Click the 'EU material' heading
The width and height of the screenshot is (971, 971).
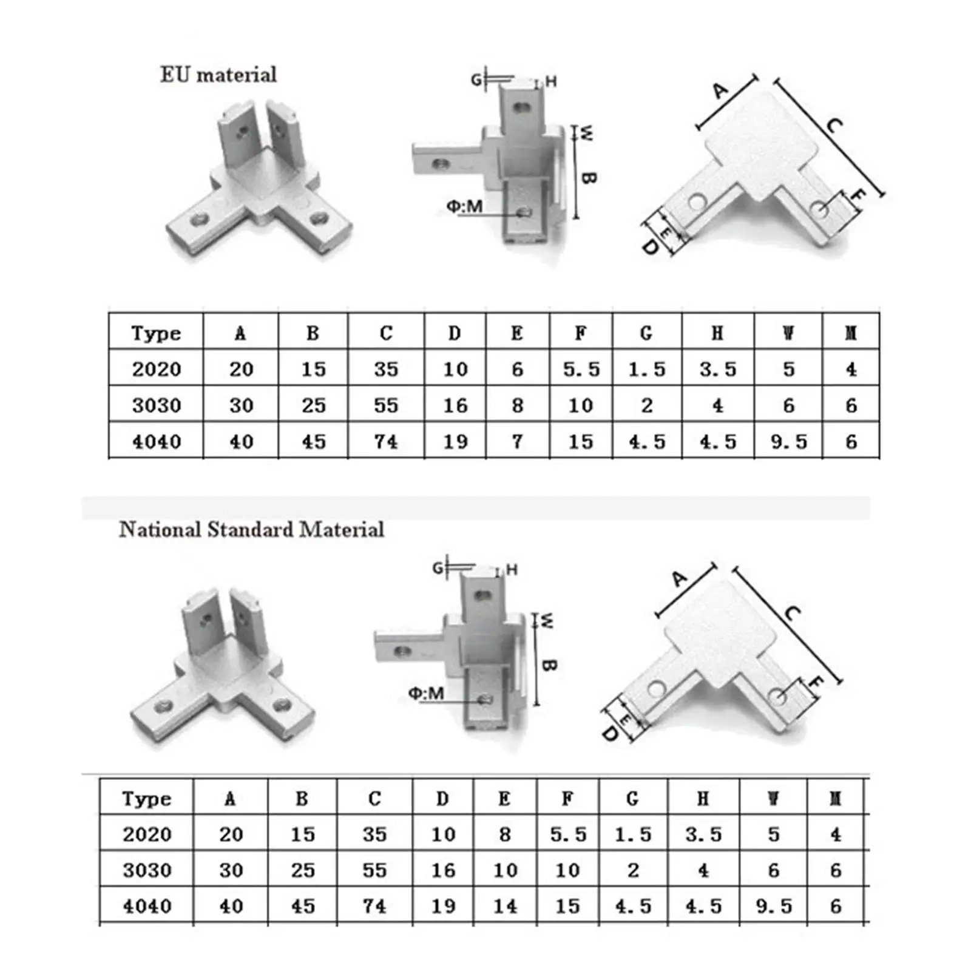[x=218, y=75]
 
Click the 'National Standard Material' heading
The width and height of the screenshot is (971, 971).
[x=251, y=529]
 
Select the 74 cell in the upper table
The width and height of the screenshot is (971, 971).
[x=386, y=441]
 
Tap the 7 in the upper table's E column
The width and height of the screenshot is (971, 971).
[x=517, y=441]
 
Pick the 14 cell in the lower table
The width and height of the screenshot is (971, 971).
[x=505, y=906]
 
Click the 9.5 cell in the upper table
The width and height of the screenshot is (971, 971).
[x=788, y=441]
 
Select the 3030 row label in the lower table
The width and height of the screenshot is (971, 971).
[x=147, y=870]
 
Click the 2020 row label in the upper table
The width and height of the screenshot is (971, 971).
[x=157, y=369]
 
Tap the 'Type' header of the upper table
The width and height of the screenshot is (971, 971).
[x=156, y=333]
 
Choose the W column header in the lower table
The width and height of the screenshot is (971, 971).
[x=773, y=799]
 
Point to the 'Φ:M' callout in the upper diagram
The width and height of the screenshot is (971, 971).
[x=464, y=206]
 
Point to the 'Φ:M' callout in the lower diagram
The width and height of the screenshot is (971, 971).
[x=425, y=693]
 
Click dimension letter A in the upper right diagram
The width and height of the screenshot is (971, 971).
[x=720, y=91]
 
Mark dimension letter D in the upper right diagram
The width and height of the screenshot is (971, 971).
[x=650, y=246]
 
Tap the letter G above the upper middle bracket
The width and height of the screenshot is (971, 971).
[x=476, y=80]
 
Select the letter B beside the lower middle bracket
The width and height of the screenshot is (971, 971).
[x=548, y=665]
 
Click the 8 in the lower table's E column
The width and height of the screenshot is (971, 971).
[x=505, y=834]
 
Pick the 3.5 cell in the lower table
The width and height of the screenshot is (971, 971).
[x=703, y=834]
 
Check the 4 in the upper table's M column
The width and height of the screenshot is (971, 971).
[x=851, y=369]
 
